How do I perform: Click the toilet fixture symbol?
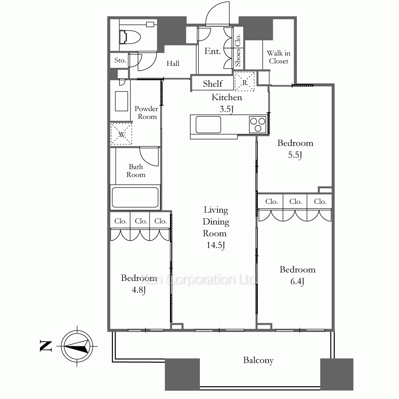coord(130,37)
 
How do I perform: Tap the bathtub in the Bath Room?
coord(135,198)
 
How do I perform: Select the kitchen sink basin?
coord(208,124)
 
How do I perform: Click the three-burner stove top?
coord(257,124)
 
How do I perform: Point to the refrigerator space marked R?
coord(244,81)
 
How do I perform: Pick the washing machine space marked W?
coord(121,134)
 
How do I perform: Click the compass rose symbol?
coord(77,346)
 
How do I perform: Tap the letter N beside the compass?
coord(46,346)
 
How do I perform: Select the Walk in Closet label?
coord(279,57)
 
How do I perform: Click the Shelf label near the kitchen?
coord(213,84)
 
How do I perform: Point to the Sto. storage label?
coord(120,60)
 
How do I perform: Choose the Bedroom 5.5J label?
coord(295,149)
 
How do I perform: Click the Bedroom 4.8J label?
coord(139,284)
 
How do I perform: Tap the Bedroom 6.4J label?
coord(298,275)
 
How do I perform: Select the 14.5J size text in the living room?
coord(216,245)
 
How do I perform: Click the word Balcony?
coord(258,360)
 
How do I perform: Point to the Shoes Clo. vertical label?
coord(238,50)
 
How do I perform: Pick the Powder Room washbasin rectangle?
coord(122,101)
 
